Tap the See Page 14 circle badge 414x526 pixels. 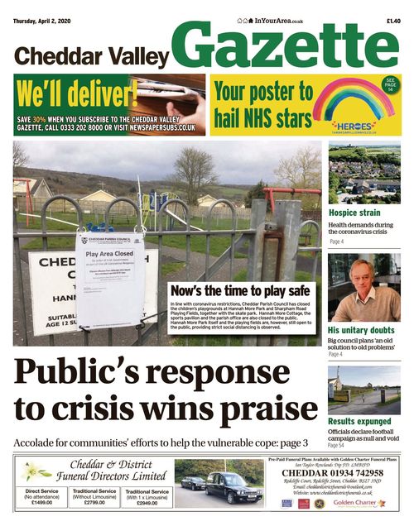(390, 86)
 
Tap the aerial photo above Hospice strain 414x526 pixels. (364, 175)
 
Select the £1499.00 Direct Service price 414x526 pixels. (41, 502)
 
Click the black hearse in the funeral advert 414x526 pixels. (232, 486)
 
